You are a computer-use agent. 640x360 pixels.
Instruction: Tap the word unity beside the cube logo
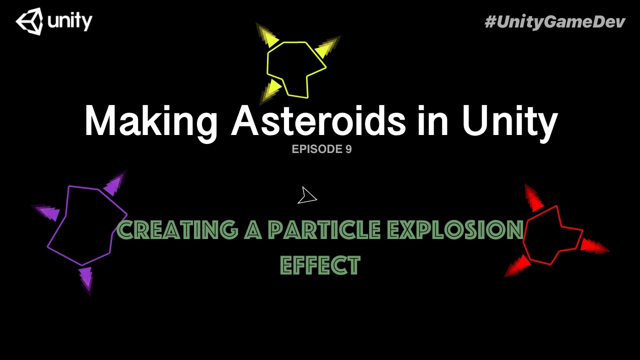(x=70, y=21)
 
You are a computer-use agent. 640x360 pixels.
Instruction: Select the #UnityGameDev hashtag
(x=555, y=21)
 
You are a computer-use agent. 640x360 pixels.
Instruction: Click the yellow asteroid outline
(x=296, y=69)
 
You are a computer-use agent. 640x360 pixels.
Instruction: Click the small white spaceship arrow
(x=307, y=196)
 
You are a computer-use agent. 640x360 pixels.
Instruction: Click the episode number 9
(x=348, y=149)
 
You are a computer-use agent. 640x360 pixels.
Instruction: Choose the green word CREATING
(x=178, y=230)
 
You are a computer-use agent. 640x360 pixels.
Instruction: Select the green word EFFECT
(x=320, y=265)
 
